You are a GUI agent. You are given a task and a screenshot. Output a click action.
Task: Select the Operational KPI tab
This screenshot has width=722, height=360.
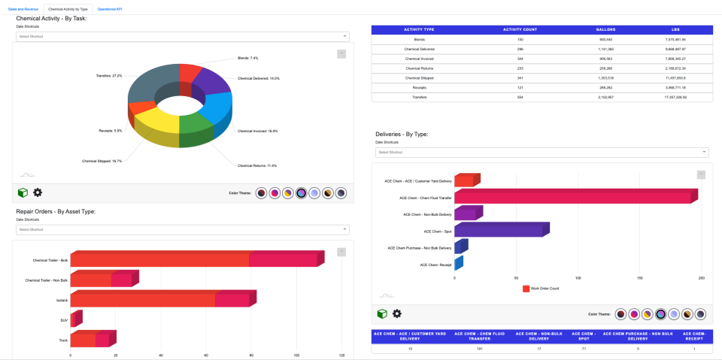tap(110, 9)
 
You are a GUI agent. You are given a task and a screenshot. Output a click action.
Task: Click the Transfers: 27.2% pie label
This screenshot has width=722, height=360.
tap(109, 76)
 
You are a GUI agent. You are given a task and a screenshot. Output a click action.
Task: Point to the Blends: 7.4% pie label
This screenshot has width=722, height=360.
tap(247, 58)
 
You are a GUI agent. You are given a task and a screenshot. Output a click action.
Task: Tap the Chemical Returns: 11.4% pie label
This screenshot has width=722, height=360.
tap(257, 165)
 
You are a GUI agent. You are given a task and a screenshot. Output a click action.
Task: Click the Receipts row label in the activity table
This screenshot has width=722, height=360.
tap(419, 87)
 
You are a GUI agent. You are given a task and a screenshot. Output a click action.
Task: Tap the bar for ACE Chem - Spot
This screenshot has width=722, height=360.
tap(500, 230)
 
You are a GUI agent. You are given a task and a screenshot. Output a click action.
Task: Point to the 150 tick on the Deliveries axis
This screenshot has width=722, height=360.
tap(639, 277)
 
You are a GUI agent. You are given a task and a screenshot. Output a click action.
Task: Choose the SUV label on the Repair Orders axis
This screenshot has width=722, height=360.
tap(64, 320)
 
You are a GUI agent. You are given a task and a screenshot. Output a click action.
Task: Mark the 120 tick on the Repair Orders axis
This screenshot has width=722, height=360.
tap(341, 355)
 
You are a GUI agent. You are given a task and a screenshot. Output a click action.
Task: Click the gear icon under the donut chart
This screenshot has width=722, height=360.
tap(38, 192)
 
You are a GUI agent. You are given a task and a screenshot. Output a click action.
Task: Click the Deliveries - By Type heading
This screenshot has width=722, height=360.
tap(402, 134)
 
